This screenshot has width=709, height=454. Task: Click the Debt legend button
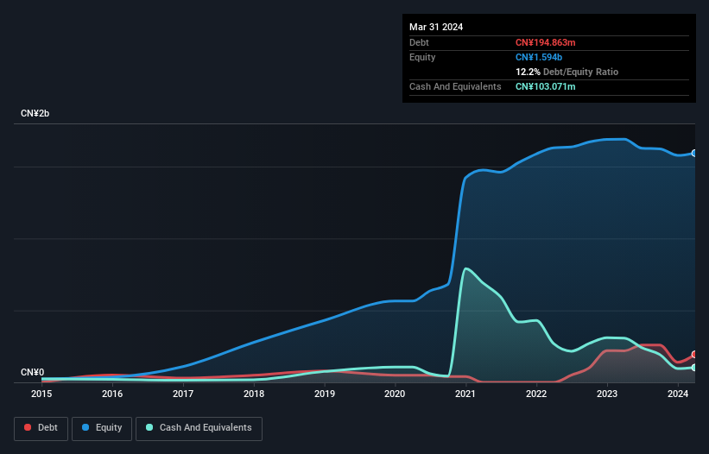click(x=41, y=427)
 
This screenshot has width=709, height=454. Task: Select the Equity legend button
click(x=101, y=427)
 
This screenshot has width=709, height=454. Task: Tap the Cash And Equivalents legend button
click(x=198, y=427)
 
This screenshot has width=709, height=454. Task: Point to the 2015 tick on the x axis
click(x=41, y=394)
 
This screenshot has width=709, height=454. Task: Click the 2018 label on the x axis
click(x=254, y=394)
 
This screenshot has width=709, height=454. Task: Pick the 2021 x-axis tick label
click(x=466, y=394)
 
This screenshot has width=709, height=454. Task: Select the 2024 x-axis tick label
click(x=678, y=394)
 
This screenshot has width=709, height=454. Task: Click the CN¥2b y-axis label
click(x=35, y=114)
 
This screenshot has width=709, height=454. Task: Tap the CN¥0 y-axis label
click(x=32, y=372)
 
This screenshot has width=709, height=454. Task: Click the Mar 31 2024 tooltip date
click(x=436, y=27)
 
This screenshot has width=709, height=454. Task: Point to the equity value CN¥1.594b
click(x=538, y=57)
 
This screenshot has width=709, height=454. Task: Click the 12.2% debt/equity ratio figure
click(x=527, y=72)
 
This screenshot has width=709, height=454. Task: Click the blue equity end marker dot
click(x=694, y=153)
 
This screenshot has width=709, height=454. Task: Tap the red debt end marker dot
click(x=694, y=355)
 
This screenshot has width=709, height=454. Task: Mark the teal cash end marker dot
click(x=694, y=368)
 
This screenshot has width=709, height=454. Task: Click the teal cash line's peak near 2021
click(x=466, y=268)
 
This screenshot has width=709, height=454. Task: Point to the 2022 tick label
click(x=537, y=394)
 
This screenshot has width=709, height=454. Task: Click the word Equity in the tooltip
click(x=422, y=57)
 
